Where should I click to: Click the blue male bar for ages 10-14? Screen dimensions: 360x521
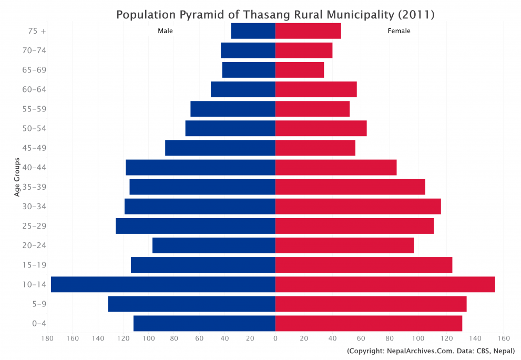(x=163, y=284)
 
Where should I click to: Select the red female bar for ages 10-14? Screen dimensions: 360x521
(x=385, y=284)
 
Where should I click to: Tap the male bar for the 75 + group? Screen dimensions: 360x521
(x=253, y=31)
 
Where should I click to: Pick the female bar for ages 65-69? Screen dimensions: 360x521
(x=299, y=70)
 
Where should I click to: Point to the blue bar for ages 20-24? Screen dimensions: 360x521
(x=213, y=245)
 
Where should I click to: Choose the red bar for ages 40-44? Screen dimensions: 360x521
(x=335, y=168)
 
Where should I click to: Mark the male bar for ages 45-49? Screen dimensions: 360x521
(x=220, y=148)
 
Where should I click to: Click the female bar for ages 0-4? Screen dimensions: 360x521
(x=368, y=323)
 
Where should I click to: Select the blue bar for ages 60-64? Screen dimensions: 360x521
(x=243, y=89)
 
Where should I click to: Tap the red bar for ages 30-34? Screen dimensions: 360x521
(x=357, y=207)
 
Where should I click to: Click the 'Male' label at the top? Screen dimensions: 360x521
(x=165, y=31)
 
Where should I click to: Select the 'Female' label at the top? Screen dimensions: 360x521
(x=399, y=31)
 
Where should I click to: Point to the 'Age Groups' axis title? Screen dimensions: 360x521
(x=17, y=177)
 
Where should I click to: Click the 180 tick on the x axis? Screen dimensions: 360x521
(x=47, y=338)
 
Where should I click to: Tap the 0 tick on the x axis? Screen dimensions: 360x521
(x=275, y=338)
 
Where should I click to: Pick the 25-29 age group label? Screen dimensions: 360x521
(x=35, y=226)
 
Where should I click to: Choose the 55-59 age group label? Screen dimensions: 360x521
(x=35, y=109)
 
